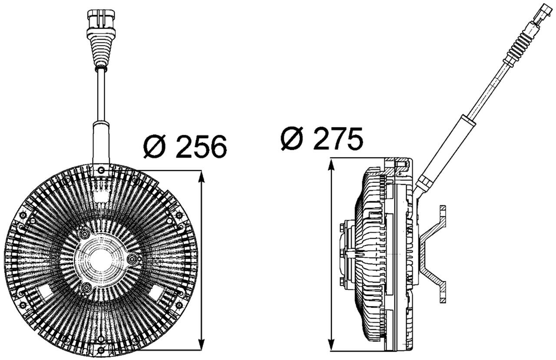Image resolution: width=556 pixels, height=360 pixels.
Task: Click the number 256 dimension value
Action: point(202,146)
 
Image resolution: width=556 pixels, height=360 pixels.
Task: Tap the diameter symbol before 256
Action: point(155,146)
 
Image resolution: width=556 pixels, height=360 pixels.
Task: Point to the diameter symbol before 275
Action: point(292,139)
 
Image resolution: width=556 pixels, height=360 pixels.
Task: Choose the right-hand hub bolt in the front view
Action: point(133,260)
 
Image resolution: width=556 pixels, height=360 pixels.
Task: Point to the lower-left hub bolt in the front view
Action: point(86,287)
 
